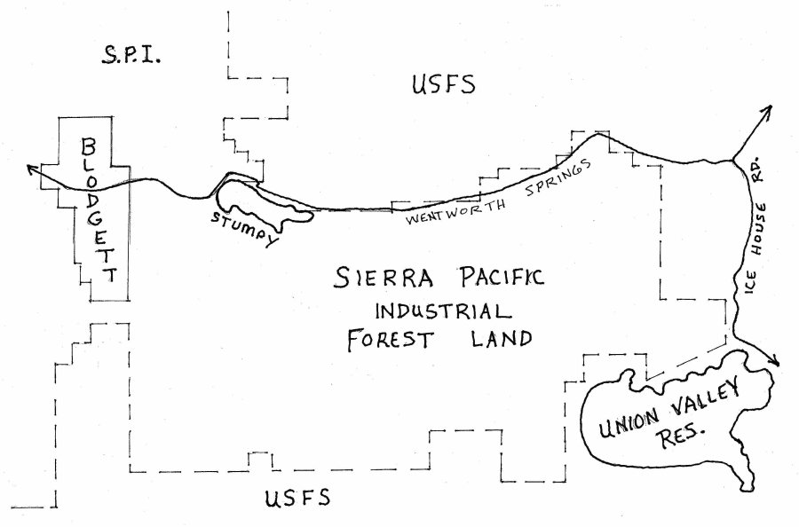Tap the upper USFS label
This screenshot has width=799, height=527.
(444, 85)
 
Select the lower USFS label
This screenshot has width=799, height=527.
(297, 498)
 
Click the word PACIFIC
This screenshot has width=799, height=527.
(490, 279)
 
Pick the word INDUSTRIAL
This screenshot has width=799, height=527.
(442, 311)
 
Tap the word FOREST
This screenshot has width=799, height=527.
(388, 341)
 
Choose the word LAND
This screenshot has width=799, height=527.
(502, 340)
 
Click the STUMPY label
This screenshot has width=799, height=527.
(244, 226)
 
